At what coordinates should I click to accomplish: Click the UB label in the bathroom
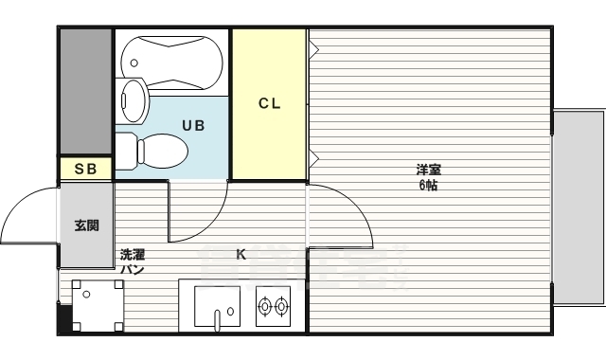tap(193, 125)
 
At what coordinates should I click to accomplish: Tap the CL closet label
tap(270, 104)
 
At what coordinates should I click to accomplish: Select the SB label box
tap(85, 170)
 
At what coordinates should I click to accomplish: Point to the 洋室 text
tap(429, 171)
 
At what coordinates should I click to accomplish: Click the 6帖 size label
tap(429, 185)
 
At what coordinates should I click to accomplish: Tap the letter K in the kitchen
tap(241, 254)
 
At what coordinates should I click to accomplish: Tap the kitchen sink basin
tap(218, 305)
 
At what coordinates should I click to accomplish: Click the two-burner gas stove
tap(274, 305)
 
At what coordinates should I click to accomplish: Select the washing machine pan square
tap(92, 305)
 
